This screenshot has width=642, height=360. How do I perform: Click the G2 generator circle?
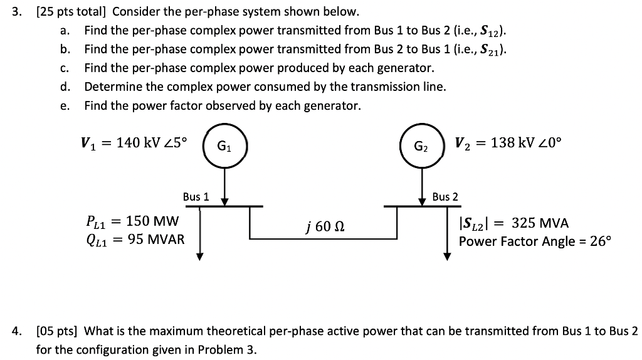pyautogui.click(x=421, y=148)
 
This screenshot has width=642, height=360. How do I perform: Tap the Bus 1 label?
pyautogui.click(x=196, y=197)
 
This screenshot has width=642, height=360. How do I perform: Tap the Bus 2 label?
pyautogui.click(x=445, y=197)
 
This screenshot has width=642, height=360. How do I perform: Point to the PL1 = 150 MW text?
pyautogui.click(x=132, y=221)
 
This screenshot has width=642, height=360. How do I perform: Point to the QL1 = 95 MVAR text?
pyautogui.click(x=134, y=239)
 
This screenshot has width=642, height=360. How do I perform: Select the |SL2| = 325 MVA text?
pyautogui.click(x=513, y=223)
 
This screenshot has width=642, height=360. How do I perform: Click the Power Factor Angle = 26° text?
pyautogui.click(x=534, y=241)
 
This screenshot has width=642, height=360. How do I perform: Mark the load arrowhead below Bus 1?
pyautogui.click(x=199, y=256)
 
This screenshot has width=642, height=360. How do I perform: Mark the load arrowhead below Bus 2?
pyautogui.click(x=447, y=256)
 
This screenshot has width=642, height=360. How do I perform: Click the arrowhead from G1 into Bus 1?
pyautogui.click(x=223, y=201)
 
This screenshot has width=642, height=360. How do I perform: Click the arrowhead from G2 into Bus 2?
pyautogui.click(x=421, y=201)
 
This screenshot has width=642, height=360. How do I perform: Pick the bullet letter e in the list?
pyautogui.click(x=65, y=106)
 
